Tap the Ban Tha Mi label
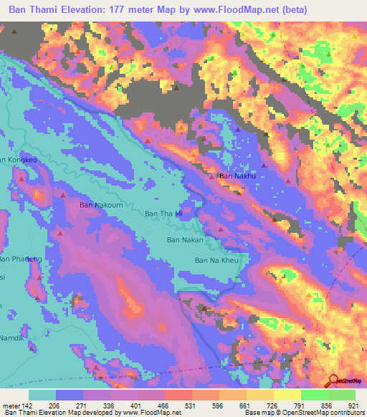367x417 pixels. (165, 214)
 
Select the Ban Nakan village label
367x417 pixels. (186, 241)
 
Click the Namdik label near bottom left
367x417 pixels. (12, 337)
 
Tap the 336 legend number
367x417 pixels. (109, 405)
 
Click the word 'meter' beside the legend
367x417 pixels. (11, 405)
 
